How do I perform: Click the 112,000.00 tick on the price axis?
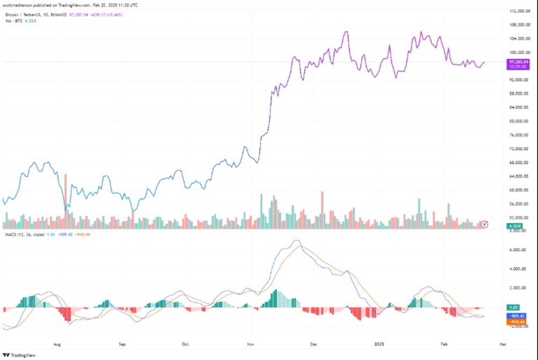(520, 11)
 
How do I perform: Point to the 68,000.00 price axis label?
(520, 163)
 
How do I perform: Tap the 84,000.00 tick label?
(520, 107)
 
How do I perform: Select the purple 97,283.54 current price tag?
(519, 62)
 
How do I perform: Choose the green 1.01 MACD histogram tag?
(515, 307)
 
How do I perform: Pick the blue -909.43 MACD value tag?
(517, 315)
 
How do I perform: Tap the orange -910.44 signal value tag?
(517, 321)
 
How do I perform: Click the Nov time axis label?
(250, 342)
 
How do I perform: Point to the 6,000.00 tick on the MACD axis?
(520, 250)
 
